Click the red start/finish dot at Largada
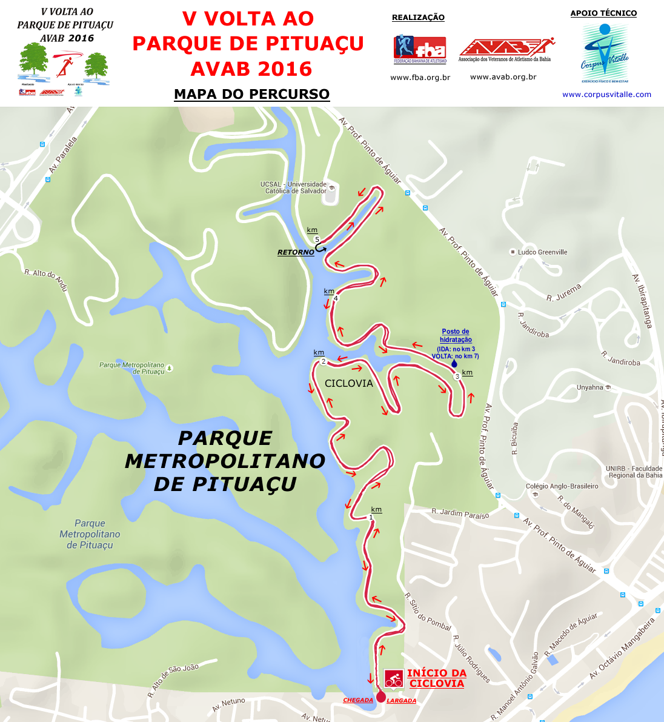coord(380,697)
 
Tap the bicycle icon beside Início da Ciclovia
coord(394,679)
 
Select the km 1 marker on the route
coord(371,518)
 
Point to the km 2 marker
coord(323,362)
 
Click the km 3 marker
coord(457,376)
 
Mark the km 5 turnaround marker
coord(317,239)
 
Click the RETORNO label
coord(296,252)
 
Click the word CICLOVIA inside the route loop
coord(349,384)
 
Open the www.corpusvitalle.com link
coord(606,95)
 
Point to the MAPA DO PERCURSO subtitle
coord(251,95)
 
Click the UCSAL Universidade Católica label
coord(294,187)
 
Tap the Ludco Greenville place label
coord(542,252)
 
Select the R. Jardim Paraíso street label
coord(460,514)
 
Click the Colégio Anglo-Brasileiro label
coord(562,486)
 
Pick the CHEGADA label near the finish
coord(358,700)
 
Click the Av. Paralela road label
coord(63,155)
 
